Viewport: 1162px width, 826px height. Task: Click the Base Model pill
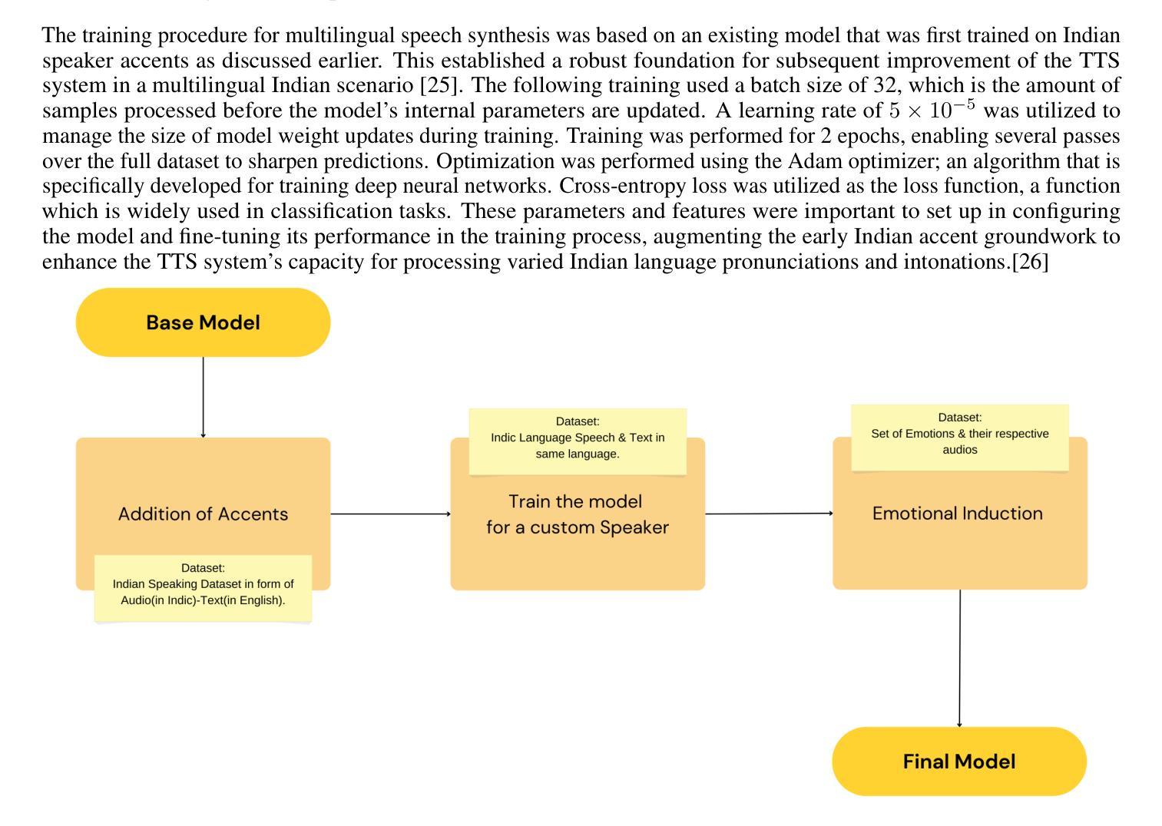(203, 322)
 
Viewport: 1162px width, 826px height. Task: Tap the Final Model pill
(959, 762)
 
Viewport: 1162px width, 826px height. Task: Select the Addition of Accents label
(203, 514)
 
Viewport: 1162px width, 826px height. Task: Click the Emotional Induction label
(957, 513)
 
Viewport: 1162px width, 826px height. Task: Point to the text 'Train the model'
(574, 501)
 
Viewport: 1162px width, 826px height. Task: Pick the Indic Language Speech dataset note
(578, 441)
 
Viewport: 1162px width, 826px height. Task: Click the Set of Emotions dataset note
(960, 438)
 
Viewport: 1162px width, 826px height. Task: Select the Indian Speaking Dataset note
(203, 589)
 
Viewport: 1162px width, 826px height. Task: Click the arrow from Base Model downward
(203, 397)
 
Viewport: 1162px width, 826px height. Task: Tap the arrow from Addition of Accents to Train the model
(391, 514)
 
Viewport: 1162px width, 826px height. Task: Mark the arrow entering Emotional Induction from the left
(769, 514)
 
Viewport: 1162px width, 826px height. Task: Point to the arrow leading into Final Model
(960, 658)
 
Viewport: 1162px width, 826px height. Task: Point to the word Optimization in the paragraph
(495, 161)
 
